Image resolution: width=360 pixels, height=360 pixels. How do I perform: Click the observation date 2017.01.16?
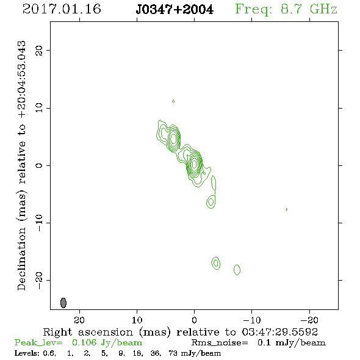[x=62, y=9]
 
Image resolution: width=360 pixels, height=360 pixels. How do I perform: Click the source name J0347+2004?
[x=175, y=10]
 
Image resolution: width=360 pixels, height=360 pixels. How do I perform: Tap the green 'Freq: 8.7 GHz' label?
[x=286, y=10]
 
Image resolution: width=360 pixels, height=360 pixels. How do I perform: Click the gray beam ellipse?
[x=63, y=303]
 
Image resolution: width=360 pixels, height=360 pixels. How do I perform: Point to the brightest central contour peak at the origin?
[x=195, y=164]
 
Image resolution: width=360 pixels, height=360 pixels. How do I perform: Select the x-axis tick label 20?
[x=79, y=320]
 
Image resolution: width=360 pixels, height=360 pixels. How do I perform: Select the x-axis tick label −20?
[x=309, y=320]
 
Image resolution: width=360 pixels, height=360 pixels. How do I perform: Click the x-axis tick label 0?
[x=195, y=320]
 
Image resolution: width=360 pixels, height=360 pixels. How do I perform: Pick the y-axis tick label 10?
[x=39, y=108]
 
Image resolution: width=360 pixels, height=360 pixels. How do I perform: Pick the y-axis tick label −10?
[x=39, y=223]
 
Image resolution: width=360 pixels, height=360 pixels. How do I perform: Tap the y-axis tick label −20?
[x=39, y=280]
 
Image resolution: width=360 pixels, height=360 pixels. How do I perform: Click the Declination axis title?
[x=21, y=165]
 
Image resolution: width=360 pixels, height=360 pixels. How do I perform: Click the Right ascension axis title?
[x=180, y=332]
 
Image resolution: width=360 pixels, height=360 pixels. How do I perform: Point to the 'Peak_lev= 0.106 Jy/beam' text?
[x=78, y=343]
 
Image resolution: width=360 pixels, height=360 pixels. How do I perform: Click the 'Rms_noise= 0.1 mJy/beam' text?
[x=259, y=343]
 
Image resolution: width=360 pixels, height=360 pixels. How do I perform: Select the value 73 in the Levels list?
[x=173, y=353]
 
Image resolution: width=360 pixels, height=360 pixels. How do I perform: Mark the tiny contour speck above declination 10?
[x=173, y=101]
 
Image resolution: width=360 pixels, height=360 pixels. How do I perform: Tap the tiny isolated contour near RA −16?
[x=286, y=209]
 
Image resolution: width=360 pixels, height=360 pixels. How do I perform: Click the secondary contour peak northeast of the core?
[x=173, y=139]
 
